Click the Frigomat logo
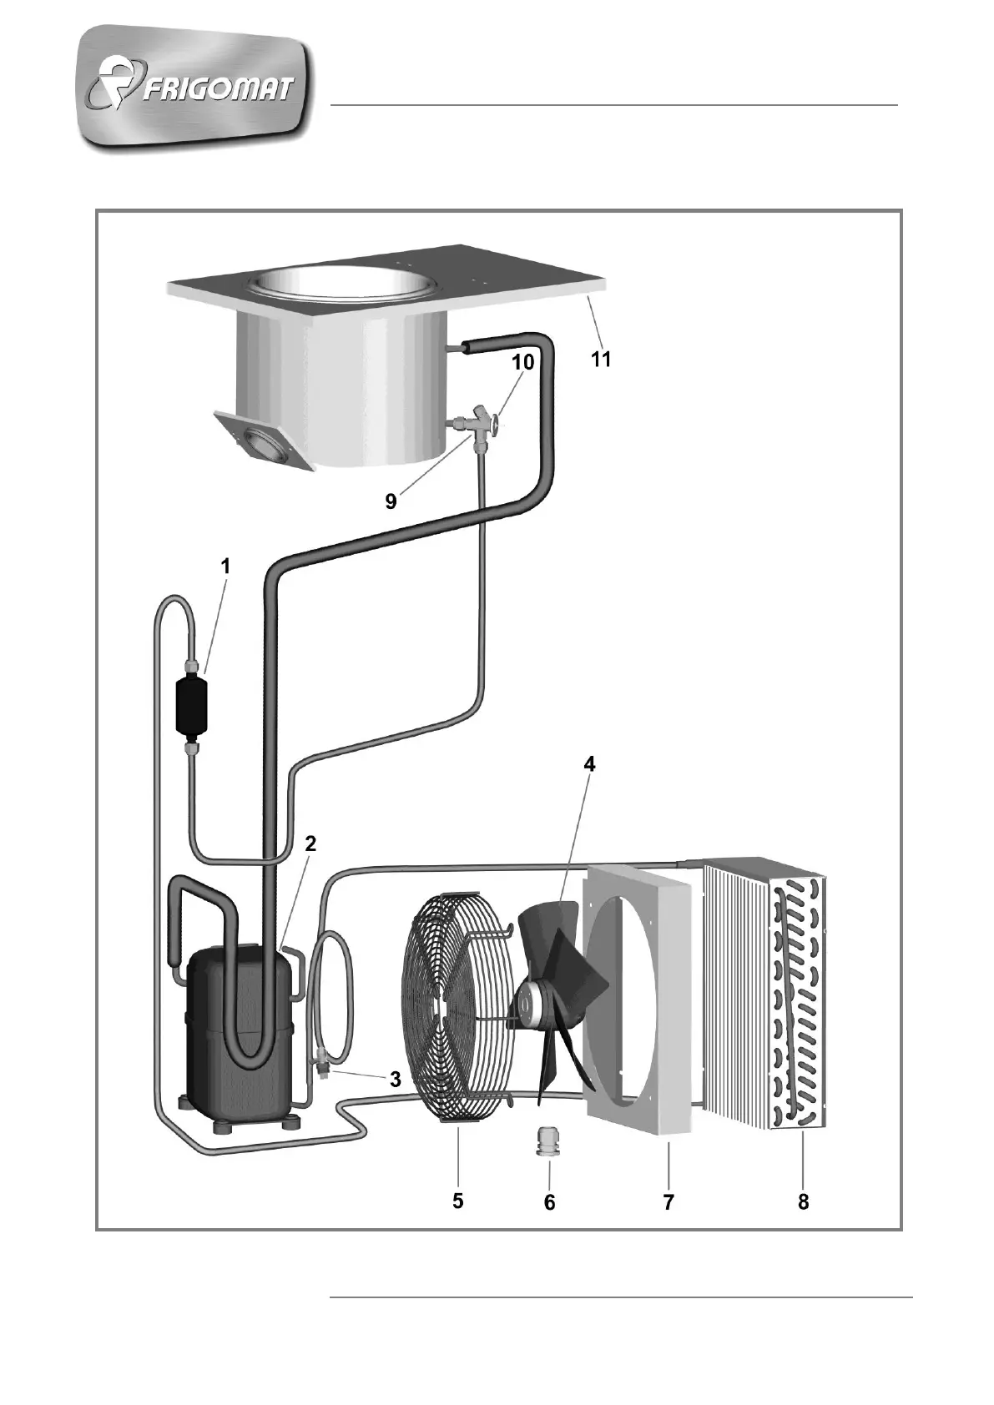coord(197,87)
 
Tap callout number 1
coord(225,566)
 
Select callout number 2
coord(310,844)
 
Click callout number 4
coord(589,764)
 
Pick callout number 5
coord(458,1201)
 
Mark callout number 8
coord(803,1202)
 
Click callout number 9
coord(391,502)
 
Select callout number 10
coord(522,362)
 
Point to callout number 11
coord(601,360)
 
